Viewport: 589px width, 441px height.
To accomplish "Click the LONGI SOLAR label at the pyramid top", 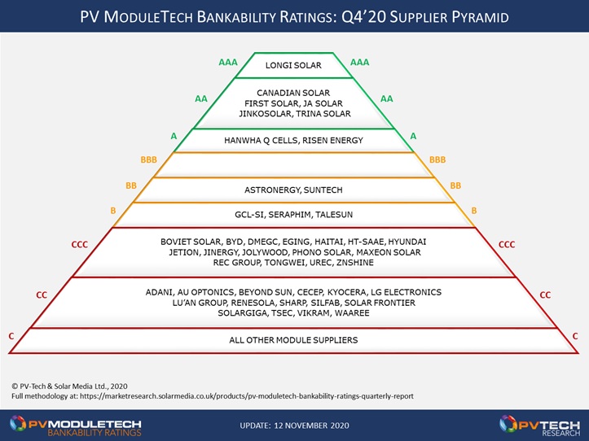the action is tap(293, 65).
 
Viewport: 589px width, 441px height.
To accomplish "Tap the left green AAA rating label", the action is tap(228, 63).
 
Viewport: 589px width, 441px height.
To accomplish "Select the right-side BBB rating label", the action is tap(437, 160).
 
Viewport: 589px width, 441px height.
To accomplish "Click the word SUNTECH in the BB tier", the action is tap(323, 190).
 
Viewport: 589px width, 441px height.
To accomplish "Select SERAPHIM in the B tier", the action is tap(290, 215).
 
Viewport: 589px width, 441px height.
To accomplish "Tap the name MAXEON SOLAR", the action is tap(389, 252).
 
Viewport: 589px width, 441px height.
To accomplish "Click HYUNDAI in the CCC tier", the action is tap(407, 242).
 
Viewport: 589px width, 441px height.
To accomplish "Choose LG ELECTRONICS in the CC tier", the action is tap(406, 292).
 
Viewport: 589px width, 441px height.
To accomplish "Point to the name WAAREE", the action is tap(352, 313).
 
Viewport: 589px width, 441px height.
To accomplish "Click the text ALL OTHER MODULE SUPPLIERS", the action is tap(293, 340).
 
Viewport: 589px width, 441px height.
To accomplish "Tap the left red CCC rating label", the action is tap(80, 245).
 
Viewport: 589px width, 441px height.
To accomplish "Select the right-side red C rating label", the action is tap(575, 336).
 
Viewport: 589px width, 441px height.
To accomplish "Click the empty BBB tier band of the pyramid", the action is tap(294, 165).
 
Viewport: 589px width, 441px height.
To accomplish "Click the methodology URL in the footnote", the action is tap(246, 396).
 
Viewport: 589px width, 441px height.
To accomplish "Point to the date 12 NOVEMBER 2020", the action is tap(311, 426).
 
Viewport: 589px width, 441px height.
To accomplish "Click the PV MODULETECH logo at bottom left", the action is tap(76, 426).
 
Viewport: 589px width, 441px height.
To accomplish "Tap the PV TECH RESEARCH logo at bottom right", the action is tap(539, 426).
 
